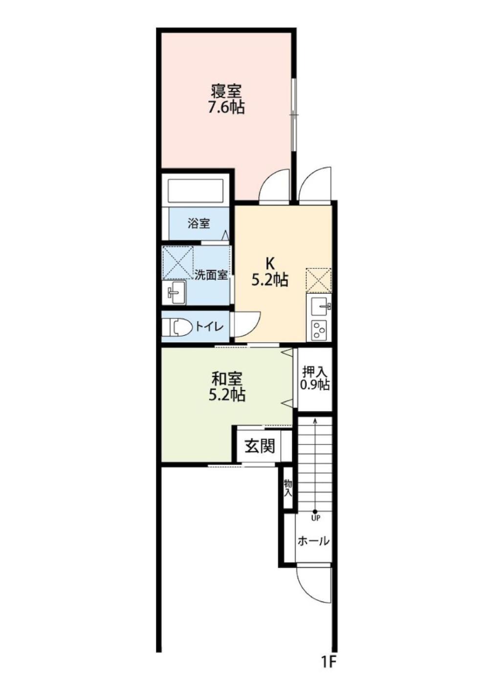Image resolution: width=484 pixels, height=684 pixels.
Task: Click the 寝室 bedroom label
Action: coord(226,91)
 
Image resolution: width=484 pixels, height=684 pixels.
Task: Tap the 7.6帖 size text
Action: coord(226,107)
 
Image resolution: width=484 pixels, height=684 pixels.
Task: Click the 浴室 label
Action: coord(198,224)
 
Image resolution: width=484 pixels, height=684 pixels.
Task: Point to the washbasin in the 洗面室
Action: coord(176,293)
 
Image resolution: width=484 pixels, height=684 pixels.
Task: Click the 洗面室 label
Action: coord(211,275)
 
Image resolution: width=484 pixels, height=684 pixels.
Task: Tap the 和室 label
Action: coord(227,379)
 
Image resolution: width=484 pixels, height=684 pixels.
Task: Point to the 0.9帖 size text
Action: coord(315,385)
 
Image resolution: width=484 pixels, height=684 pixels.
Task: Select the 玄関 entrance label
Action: coord(260,447)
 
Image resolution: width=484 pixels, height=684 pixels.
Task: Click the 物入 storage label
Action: coord(288,488)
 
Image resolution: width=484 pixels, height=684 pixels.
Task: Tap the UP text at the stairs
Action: coord(314,518)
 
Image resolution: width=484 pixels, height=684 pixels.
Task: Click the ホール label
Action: coord(314,541)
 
